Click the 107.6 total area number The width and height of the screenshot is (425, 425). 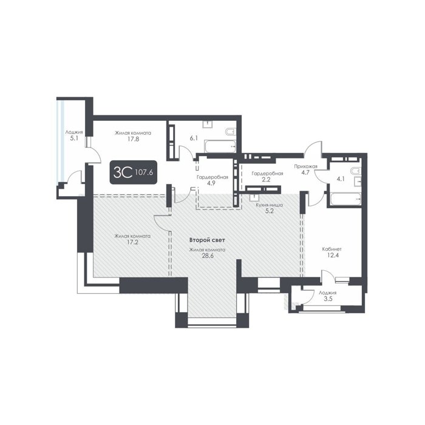144,172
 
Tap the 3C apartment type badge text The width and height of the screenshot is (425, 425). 123,172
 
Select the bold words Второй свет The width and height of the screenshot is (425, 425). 207,240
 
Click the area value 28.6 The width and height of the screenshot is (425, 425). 207,256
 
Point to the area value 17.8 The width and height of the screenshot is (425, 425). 133,139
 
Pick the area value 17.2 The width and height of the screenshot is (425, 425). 132,242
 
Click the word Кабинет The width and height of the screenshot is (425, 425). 331,249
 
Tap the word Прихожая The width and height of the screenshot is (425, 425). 306,166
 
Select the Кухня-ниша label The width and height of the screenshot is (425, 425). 270,205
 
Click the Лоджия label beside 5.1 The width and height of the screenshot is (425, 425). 74,132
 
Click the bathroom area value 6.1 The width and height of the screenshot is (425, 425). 194,138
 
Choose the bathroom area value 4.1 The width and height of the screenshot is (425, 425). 340,178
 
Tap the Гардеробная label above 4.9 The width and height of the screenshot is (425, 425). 212,177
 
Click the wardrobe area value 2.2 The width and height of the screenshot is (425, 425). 266,180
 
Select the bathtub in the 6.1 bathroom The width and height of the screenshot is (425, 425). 220,146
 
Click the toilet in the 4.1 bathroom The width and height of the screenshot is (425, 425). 355,171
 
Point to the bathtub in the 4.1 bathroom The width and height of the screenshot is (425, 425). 345,199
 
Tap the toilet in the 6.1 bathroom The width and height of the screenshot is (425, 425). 231,131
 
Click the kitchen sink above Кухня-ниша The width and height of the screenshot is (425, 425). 254,197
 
